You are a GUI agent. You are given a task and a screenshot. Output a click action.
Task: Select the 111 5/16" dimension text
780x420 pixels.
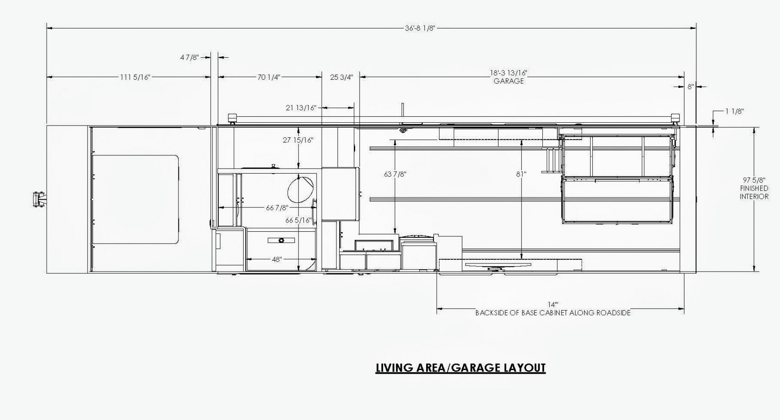[135, 77]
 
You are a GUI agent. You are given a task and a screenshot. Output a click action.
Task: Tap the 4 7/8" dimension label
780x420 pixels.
[189, 57]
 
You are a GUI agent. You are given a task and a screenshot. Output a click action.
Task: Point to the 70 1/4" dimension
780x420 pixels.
[269, 77]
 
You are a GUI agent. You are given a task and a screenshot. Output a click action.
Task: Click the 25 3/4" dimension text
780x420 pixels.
[341, 77]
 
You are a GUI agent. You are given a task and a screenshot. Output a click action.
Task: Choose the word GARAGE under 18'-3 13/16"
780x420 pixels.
[509, 81]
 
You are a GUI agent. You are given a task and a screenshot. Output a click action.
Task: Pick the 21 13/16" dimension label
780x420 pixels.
[301, 108]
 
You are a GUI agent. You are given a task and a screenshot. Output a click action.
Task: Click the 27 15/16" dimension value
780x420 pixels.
[298, 140]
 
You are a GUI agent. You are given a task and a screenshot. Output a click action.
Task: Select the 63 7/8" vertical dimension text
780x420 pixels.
[395, 174]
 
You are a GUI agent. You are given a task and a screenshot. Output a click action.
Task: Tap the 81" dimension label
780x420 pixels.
[521, 174]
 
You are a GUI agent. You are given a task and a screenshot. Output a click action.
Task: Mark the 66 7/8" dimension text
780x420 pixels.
[277, 208]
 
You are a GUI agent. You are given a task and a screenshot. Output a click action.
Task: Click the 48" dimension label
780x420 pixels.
[276, 259]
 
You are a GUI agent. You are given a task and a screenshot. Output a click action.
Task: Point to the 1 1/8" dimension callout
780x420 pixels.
[734, 111]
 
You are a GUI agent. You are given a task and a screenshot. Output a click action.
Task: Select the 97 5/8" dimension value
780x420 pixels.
[754, 180]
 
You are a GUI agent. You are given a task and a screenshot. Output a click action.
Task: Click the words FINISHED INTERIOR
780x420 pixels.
[754, 192]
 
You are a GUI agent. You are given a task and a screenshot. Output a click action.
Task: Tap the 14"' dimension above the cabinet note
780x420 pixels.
[553, 305]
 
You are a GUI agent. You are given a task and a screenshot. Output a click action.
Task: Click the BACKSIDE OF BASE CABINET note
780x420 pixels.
[553, 313]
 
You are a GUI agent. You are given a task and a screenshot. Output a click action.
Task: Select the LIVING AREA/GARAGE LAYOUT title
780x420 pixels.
[460, 368]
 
